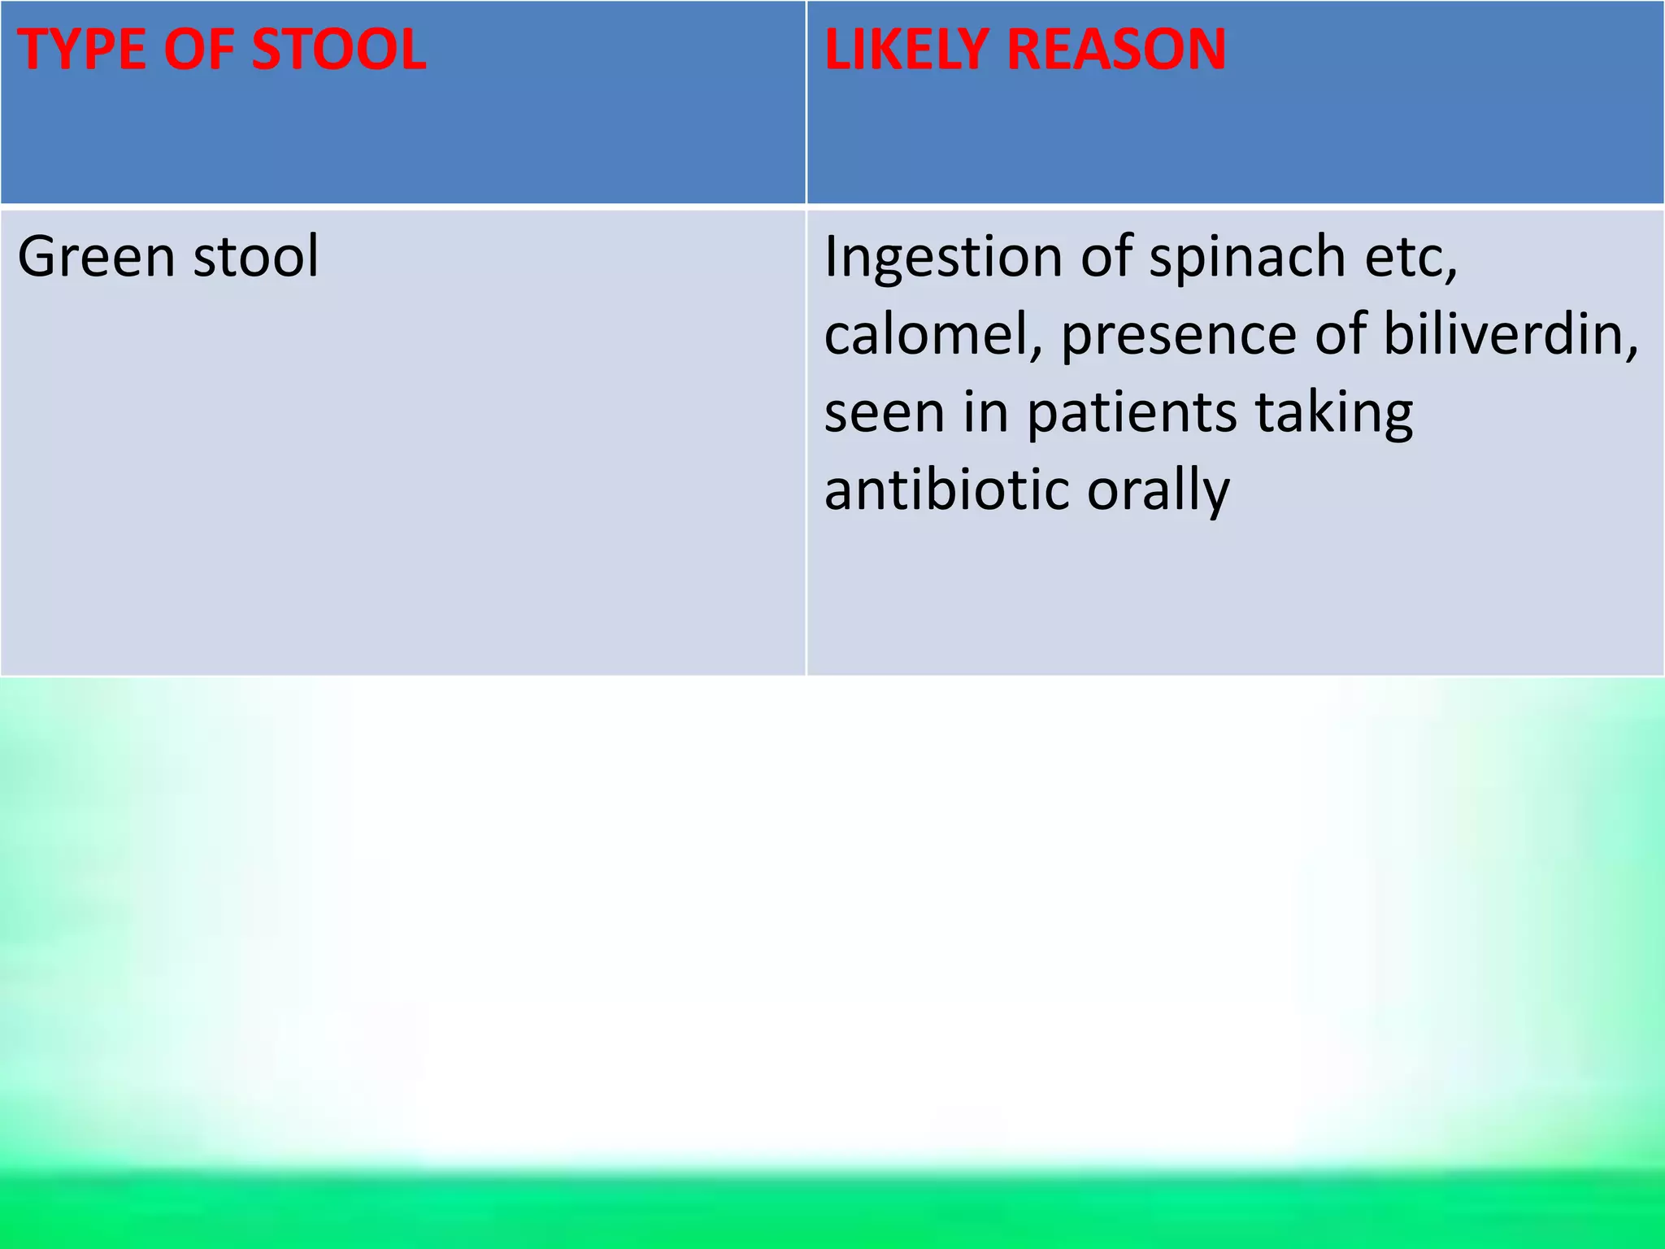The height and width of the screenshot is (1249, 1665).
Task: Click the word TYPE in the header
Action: [x=80, y=50]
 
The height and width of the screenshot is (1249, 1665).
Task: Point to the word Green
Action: [x=96, y=257]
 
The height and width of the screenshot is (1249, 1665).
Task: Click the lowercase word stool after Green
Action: [x=255, y=257]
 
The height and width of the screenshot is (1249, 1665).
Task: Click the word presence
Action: [x=1178, y=337]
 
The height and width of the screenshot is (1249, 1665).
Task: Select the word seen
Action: [x=885, y=413]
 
